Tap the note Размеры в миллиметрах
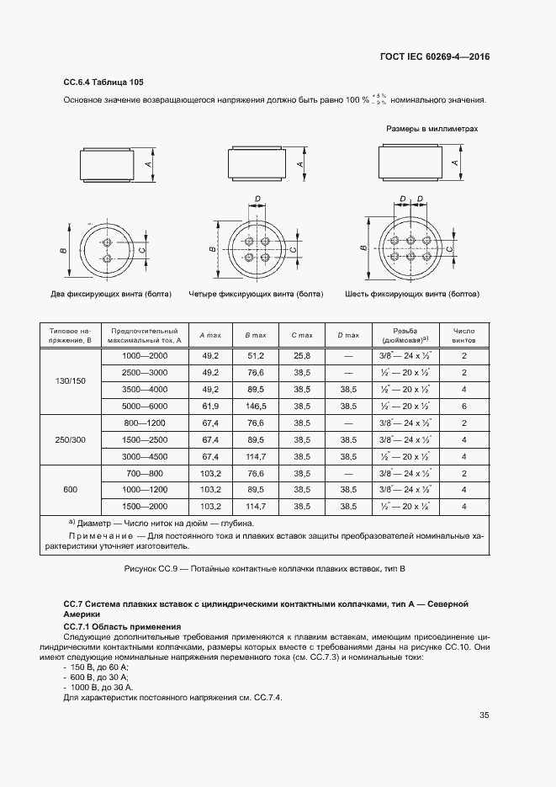tap(432, 129)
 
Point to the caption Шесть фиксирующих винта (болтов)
tap(412, 295)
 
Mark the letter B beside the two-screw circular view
tap(64, 250)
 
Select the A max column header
tap(209, 336)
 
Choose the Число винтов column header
tap(464, 336)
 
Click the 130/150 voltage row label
tap(71, 381)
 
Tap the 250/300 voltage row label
tap(71, 439)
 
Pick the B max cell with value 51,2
tap(256, 356)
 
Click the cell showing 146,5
tap(256, 406)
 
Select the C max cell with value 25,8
tap(302, 356)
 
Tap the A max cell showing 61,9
tap(209, 406)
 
